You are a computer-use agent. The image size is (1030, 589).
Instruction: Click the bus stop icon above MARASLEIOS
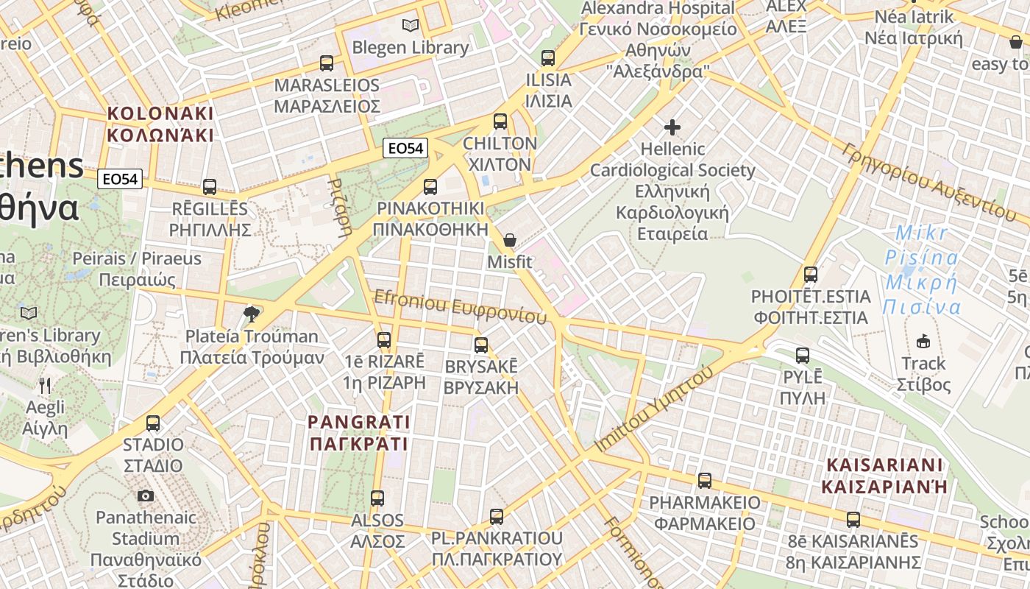pos(327,63)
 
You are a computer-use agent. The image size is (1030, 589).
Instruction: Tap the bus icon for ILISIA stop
pos(548,58)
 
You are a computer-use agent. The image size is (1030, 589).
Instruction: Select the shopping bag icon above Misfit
pos(509,240)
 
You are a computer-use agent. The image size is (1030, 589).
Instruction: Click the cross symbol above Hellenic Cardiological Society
pos(672,127)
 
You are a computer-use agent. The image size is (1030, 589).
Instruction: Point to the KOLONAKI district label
pos(160,124)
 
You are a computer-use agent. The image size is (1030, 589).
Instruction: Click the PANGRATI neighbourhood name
pos(359,433)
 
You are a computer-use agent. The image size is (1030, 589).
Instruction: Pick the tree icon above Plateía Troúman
pos(252,314)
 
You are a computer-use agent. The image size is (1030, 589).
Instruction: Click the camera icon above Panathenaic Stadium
pos(146,495)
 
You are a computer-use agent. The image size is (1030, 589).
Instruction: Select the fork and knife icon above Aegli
pos(45,385)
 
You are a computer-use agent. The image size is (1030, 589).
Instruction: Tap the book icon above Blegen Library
pos(411,26)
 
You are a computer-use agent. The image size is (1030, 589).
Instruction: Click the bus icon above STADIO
pos(153,423)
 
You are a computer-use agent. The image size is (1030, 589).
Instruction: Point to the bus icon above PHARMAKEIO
pos(705,481)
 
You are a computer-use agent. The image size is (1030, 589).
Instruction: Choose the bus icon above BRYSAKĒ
pos(481,345)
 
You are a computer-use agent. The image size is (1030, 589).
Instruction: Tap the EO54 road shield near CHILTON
pos(405,148)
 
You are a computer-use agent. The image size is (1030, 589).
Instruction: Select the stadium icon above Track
pos(923,341)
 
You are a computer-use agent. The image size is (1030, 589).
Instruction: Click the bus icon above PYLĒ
pos(803,356)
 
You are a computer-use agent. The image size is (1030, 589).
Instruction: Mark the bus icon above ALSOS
pos(377,498)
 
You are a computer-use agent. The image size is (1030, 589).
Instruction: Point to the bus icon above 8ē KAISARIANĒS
pos(853,520)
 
